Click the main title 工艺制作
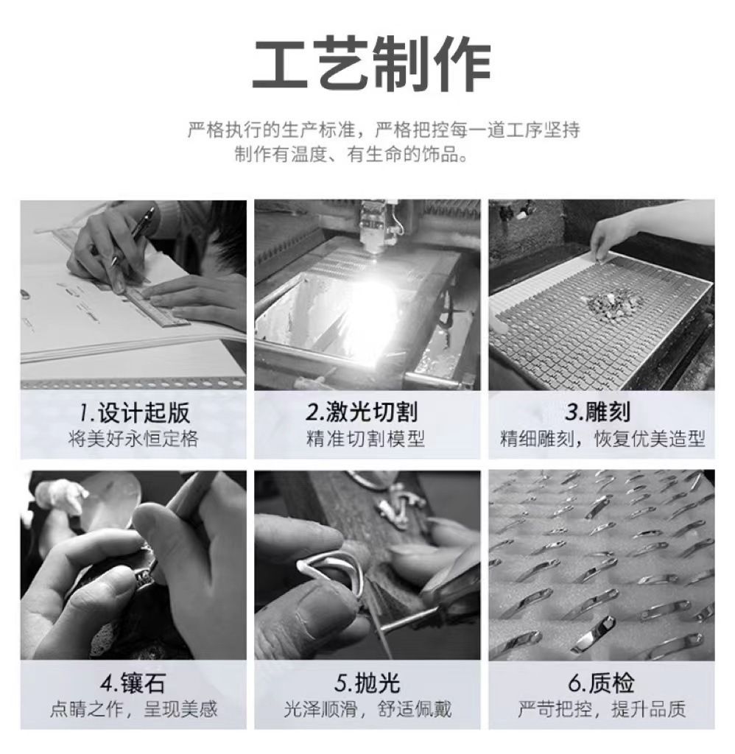(372, 63)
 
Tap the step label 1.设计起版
(134, 412)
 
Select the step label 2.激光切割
(362, 412)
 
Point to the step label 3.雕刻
(597, 412)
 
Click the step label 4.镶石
(133, 683)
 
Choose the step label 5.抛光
(367, 683)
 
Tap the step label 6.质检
(601, 683)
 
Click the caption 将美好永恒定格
(133, 439)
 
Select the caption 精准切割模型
(365, 439)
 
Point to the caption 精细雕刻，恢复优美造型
(602, 439)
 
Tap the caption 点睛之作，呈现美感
(134, 709)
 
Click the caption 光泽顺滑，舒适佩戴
(367, 709)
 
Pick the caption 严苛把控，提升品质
(602, 709)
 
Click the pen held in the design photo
(133, 236)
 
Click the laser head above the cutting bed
(379, 226)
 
